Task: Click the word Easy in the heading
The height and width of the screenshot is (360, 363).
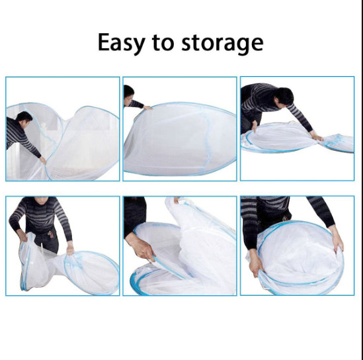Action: tap(121, 43)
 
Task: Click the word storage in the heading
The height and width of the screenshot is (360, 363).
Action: tap(222, 44)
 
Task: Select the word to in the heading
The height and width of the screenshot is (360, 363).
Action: tap(163, 43)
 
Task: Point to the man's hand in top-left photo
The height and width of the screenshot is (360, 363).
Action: tap(43, 160)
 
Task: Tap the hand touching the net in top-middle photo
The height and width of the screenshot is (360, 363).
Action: tap(147, 107)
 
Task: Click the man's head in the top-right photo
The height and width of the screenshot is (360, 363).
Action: tap(284, 97)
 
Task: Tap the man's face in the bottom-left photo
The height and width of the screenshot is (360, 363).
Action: tap(41, 200)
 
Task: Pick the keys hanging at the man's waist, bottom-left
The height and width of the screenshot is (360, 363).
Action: tap(51, 234)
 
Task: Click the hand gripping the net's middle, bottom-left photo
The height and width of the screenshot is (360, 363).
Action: tap(70, 249)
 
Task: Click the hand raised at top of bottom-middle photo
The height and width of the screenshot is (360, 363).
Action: tap(177, 200)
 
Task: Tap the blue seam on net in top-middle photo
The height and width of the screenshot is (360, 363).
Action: tap(207, 142)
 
